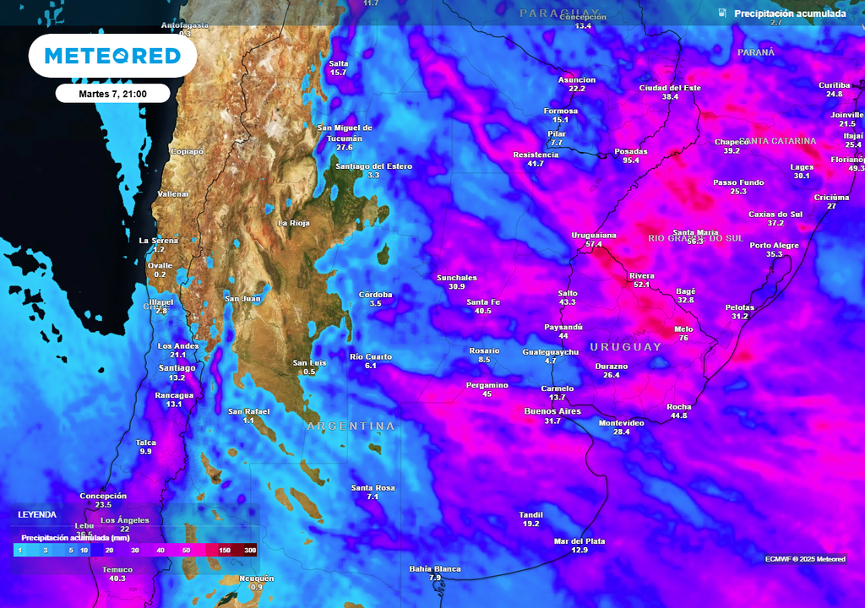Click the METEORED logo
(112, 57)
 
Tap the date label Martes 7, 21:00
(112, 94)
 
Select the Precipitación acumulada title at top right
(789, 14)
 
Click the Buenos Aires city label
(552, 411)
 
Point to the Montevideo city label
(621, 422)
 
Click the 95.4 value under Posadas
(631, 160)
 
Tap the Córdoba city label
(375, 295)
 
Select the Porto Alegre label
(774, 245)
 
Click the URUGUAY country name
(625, 347)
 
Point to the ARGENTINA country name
(351, 426)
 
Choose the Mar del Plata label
(579, 541)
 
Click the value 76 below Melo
(683, 338)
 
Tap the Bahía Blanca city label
(435, 569)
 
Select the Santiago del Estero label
(373, 166)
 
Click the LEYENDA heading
(38, 514)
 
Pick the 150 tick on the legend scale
(225, 550)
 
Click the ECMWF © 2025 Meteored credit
(805, 559)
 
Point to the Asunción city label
(577, 80)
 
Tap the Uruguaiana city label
(594, 236)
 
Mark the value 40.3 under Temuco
(117, 578)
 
